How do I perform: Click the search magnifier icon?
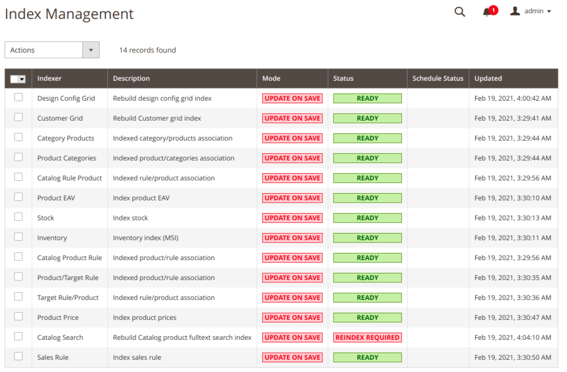pyautogui.click(x=460, y=12)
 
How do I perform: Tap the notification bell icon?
pyautogui.click(x=487, y=12)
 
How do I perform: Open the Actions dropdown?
pyautogui.click(x=52, y=50)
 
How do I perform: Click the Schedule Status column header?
pyautogui.click(x=437, y=79)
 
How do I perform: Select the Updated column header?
pyautogui.click(x=488, y=79)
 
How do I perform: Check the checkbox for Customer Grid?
pyautogui.click(x=18, y=117)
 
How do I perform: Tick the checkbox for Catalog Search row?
pyautogui.click(x=18, y=337)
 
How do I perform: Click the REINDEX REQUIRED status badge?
pyautogui.click(x=367, y=337)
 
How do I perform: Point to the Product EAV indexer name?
pyautogui.click(x=56, y=198)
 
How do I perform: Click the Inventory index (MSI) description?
pyautogui.click(x=146, y=237)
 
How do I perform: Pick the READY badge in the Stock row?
pyautogui.click(x=367, y=218)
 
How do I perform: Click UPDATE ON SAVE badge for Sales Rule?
pyautogui.click(x=292, y=357)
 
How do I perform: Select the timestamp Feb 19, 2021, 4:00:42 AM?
pyautogui.click(x=513, y=98)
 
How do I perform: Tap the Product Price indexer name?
pyautogui.click(x=58, y=317)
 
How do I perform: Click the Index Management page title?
pyautogui.click(x=69, y=14)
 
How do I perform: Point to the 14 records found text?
pyautogui.click(x=147, y=50)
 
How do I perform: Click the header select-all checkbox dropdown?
pyautogui.click(x=22, y=79)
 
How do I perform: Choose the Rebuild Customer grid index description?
pyautogui.click(x=157, y=118)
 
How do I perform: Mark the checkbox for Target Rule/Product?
pyautogui.click(x=18, y=297)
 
